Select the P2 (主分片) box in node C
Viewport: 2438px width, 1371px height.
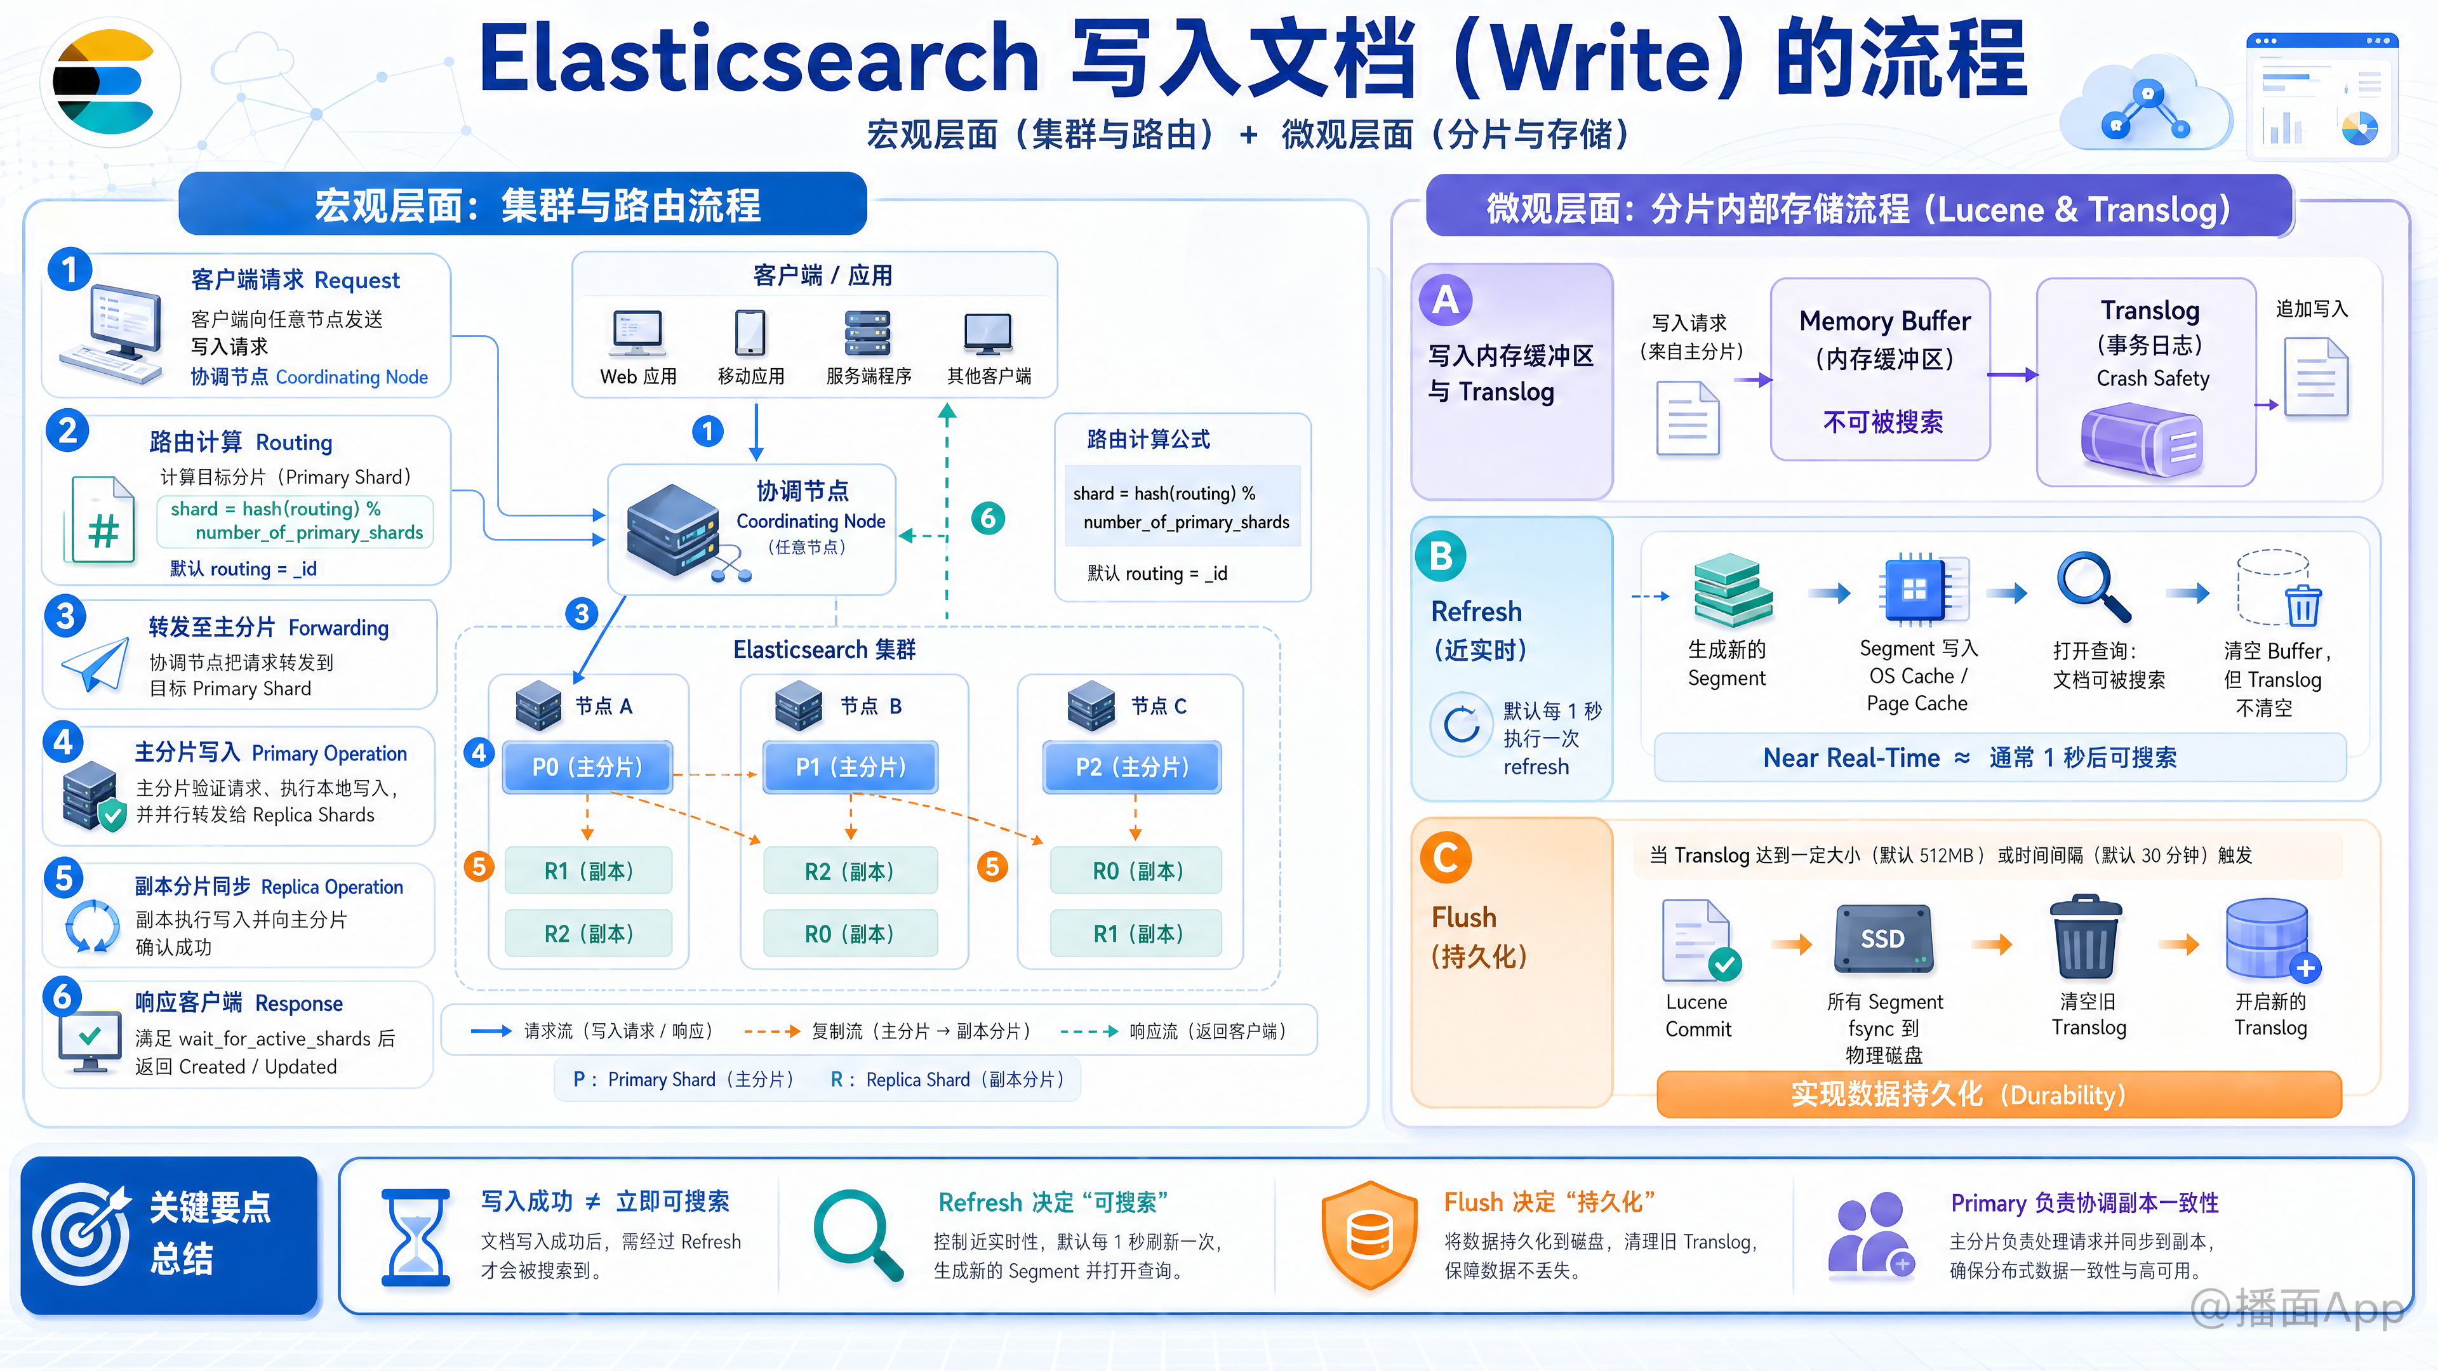[x=1132, y=766]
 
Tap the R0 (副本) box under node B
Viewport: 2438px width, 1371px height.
[x=850, y=934]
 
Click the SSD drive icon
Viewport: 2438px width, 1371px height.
[x=1883, y=939]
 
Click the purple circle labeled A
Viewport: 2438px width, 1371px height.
[x=1445, y=300]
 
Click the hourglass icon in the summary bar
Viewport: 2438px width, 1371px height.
[x=415, y=1236]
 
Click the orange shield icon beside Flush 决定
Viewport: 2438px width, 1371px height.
[x=1369, y=1235]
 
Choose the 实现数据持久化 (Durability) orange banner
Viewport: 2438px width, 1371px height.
[x=1999, y=1095]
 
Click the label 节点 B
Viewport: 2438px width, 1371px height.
[x=870, y=706]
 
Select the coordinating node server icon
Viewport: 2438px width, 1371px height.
[x=674, y=530]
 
